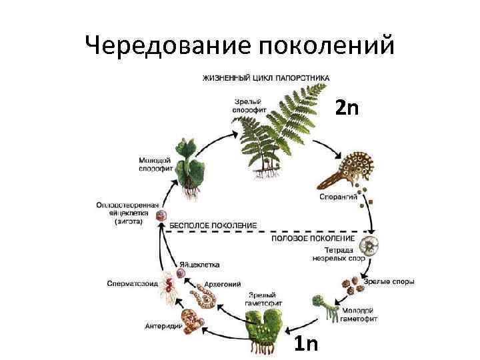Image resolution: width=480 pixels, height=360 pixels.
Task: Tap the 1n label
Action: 306,344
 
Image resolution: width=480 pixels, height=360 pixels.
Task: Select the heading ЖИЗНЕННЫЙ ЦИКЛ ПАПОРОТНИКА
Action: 265,78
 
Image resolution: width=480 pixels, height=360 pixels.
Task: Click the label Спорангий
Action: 341,197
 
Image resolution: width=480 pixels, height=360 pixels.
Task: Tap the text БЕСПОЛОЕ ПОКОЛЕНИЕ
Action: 213,226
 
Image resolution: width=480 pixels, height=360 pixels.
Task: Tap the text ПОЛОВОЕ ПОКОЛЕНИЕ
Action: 313,238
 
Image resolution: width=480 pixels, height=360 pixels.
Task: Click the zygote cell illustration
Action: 161,216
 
